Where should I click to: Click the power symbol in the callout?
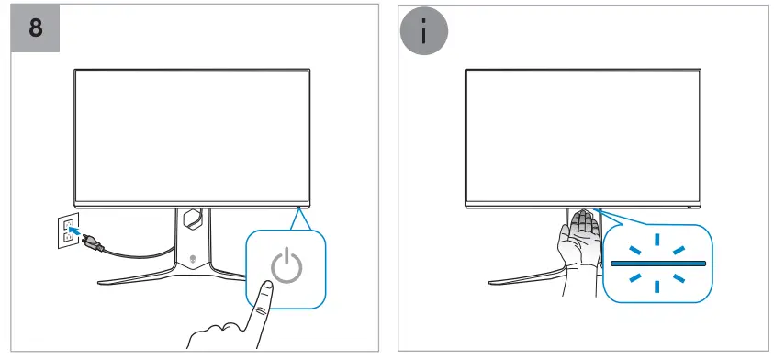[286, 265]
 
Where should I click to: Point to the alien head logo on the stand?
[192, 256]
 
